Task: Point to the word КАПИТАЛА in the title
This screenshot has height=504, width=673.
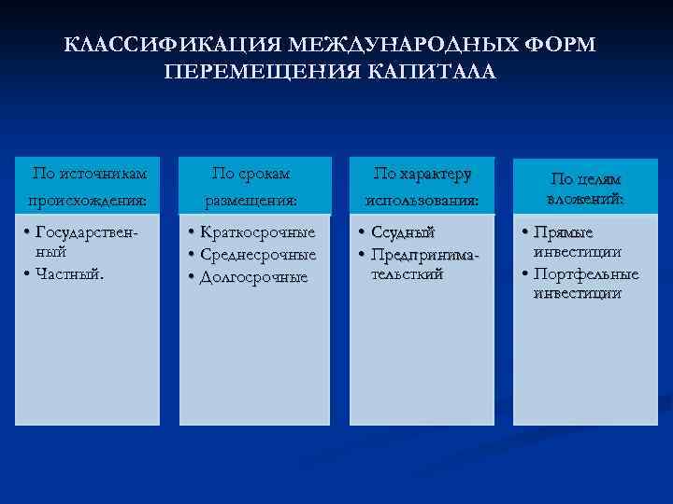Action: coord(434,72)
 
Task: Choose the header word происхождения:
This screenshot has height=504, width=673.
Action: coord(91,200)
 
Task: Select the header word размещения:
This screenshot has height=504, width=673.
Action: coord(251,200)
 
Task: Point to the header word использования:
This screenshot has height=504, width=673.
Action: coord(422,200)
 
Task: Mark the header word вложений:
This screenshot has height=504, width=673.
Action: coord(585,199)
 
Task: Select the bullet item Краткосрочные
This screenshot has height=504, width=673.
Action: coord(258,231)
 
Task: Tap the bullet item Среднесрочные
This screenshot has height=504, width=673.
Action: coord(258,254)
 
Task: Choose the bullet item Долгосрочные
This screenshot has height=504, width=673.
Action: coord(253,277)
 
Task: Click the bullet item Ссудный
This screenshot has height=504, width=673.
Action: coord(403,231)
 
